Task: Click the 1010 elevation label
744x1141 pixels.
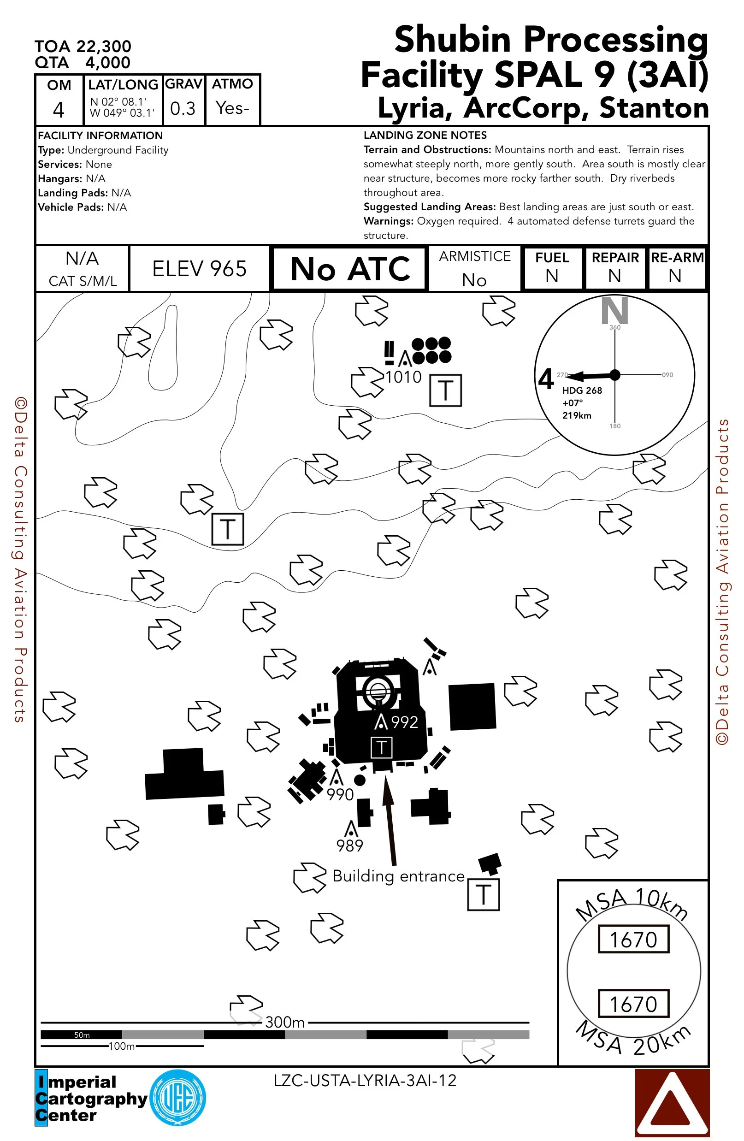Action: [x=403, y=377]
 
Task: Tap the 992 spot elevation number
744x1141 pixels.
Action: [x=405, y=722]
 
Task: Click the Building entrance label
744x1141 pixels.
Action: [x=398, y=876]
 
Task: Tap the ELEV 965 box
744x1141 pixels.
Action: [x=200, y=269]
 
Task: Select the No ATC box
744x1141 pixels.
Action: [x=350, y=269]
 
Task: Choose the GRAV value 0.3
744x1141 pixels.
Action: [x=183, y=109]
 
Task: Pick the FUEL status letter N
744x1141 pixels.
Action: [x=552, y=276]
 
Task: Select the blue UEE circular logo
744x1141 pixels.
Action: [x=178, y=1098]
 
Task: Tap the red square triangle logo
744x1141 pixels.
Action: [x=672, y=1103]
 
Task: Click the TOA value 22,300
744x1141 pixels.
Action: [x=104, y=47]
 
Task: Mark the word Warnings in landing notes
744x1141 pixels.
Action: [x=388, y=221]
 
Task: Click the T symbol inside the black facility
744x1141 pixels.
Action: [x=382, y=747]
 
